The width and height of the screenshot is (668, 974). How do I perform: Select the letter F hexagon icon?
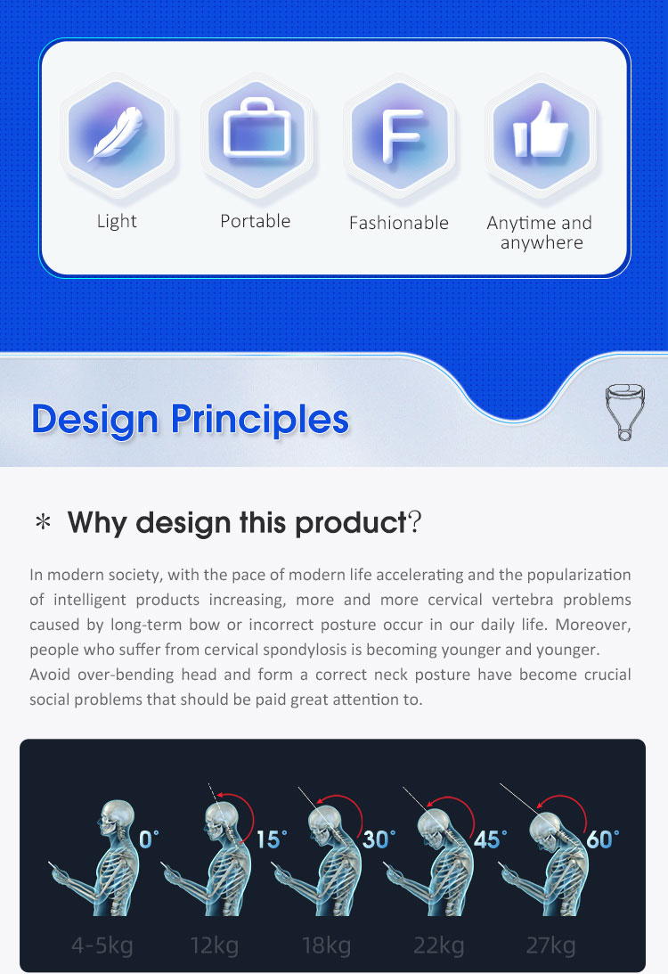pos(401,136)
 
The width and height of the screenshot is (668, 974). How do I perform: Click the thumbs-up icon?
pos(541,129)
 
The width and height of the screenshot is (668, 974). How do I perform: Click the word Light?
pos(117,221)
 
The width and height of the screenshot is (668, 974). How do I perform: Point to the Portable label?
pos(255,221)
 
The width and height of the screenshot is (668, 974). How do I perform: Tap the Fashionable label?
pos(398,223)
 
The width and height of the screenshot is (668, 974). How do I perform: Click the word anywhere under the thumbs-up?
pos(542,243)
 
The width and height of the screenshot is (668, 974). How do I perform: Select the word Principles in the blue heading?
pos(260,421)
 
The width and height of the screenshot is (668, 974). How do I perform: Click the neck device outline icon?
pos(624,412)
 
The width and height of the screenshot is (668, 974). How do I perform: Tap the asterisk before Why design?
pos(43,522)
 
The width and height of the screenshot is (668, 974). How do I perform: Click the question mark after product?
pos(415,522)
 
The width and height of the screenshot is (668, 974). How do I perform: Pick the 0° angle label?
pos(149,839)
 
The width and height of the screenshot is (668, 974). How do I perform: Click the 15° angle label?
pos(272,839)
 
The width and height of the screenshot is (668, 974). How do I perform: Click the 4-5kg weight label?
pos(102,945)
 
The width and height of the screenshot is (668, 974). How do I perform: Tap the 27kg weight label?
pos(550,945)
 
